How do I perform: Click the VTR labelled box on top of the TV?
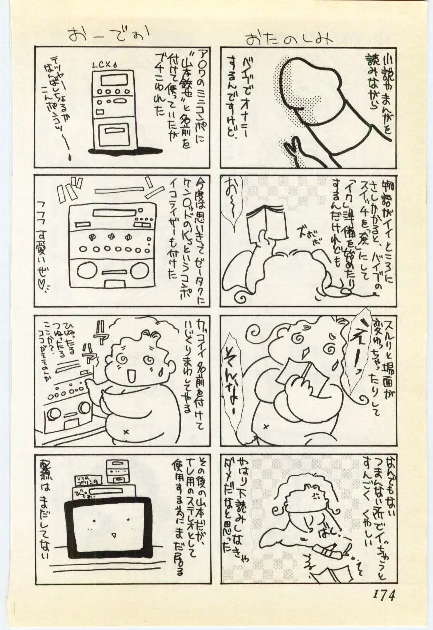coord(88,481)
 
